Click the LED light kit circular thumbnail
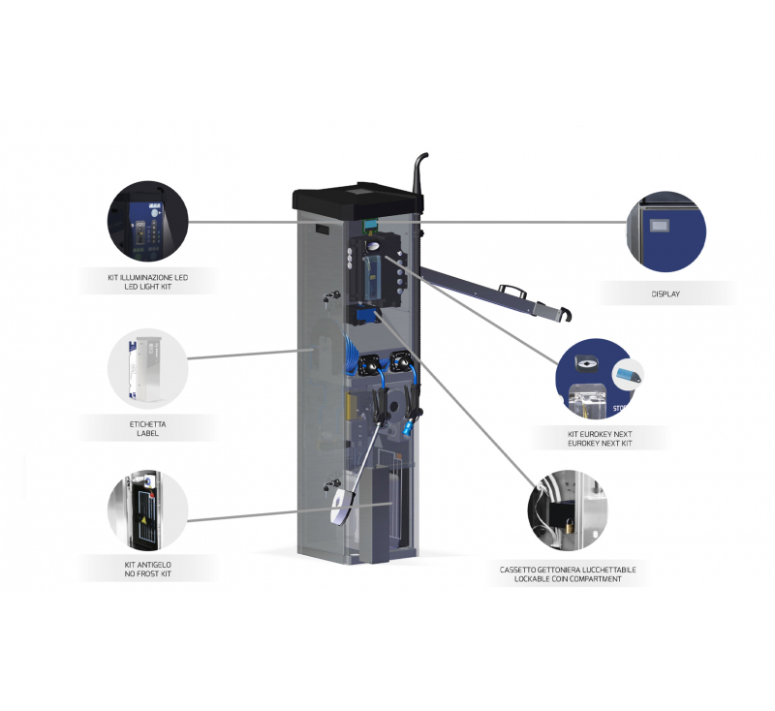148,220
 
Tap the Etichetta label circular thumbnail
148,369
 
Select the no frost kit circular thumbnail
148,510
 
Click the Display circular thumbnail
666,232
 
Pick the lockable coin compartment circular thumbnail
568,510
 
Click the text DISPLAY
666,294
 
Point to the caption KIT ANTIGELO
148,565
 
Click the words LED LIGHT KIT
148,287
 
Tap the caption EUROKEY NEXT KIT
600,444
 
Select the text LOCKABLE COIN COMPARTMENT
568,578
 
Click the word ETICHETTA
148,424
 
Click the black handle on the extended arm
511,290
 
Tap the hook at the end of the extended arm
564,314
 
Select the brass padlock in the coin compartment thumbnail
569,526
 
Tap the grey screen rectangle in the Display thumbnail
659,227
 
